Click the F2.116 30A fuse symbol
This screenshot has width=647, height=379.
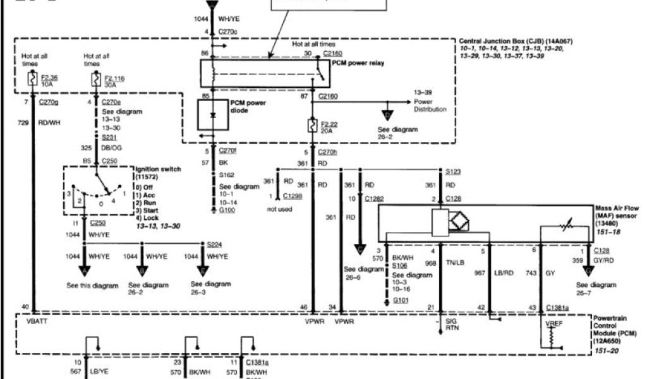[x=95, y=80]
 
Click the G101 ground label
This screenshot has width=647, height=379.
[x=401, y=301]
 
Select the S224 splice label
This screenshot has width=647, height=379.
[x=215, y=243]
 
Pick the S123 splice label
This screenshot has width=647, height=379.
[x=453, y=171]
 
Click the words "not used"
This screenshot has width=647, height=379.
[x=280, y=209]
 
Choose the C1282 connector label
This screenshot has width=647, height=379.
[x=374, y=200]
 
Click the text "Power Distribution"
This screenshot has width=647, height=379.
[x=430, y=105]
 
